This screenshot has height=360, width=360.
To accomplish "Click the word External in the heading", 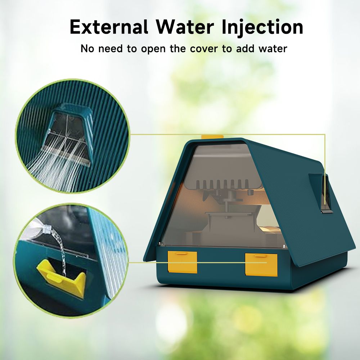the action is (109, 27).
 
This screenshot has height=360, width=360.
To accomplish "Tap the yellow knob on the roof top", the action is (212, 137).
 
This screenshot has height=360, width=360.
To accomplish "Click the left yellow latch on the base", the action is (182, 262).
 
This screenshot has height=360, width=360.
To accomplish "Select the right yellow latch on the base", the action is (261, 265).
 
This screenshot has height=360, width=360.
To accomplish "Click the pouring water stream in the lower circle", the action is (60, 250).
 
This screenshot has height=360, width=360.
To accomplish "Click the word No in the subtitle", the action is (87, 49).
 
